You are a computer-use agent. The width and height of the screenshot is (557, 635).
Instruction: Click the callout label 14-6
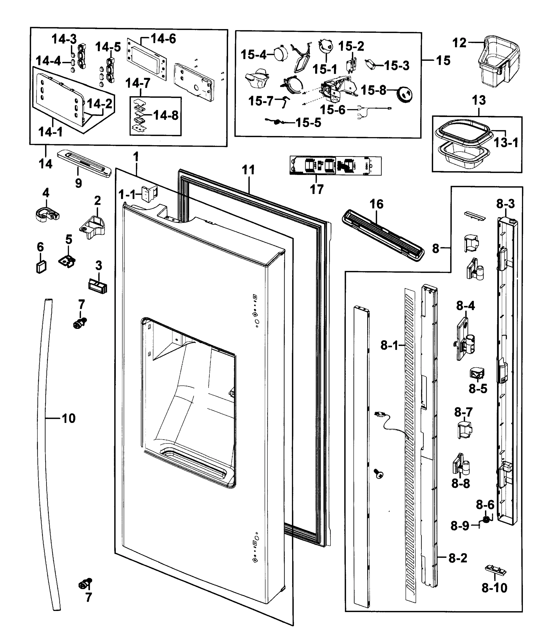point(163,39)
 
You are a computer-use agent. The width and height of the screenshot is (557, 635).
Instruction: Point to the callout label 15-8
point(373,90)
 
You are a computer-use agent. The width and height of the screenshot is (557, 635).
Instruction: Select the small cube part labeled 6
point(41,267)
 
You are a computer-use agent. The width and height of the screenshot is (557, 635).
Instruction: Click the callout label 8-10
point(494,588)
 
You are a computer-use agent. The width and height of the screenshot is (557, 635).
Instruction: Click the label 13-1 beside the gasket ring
point(506,143)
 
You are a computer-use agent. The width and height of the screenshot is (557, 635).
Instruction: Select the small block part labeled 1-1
point(149,193)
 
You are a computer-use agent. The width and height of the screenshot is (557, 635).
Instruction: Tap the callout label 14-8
point(166,116)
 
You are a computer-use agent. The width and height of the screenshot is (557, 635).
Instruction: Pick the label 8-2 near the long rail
point(457,558)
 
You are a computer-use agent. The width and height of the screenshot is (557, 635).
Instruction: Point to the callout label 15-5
point(308,123)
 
